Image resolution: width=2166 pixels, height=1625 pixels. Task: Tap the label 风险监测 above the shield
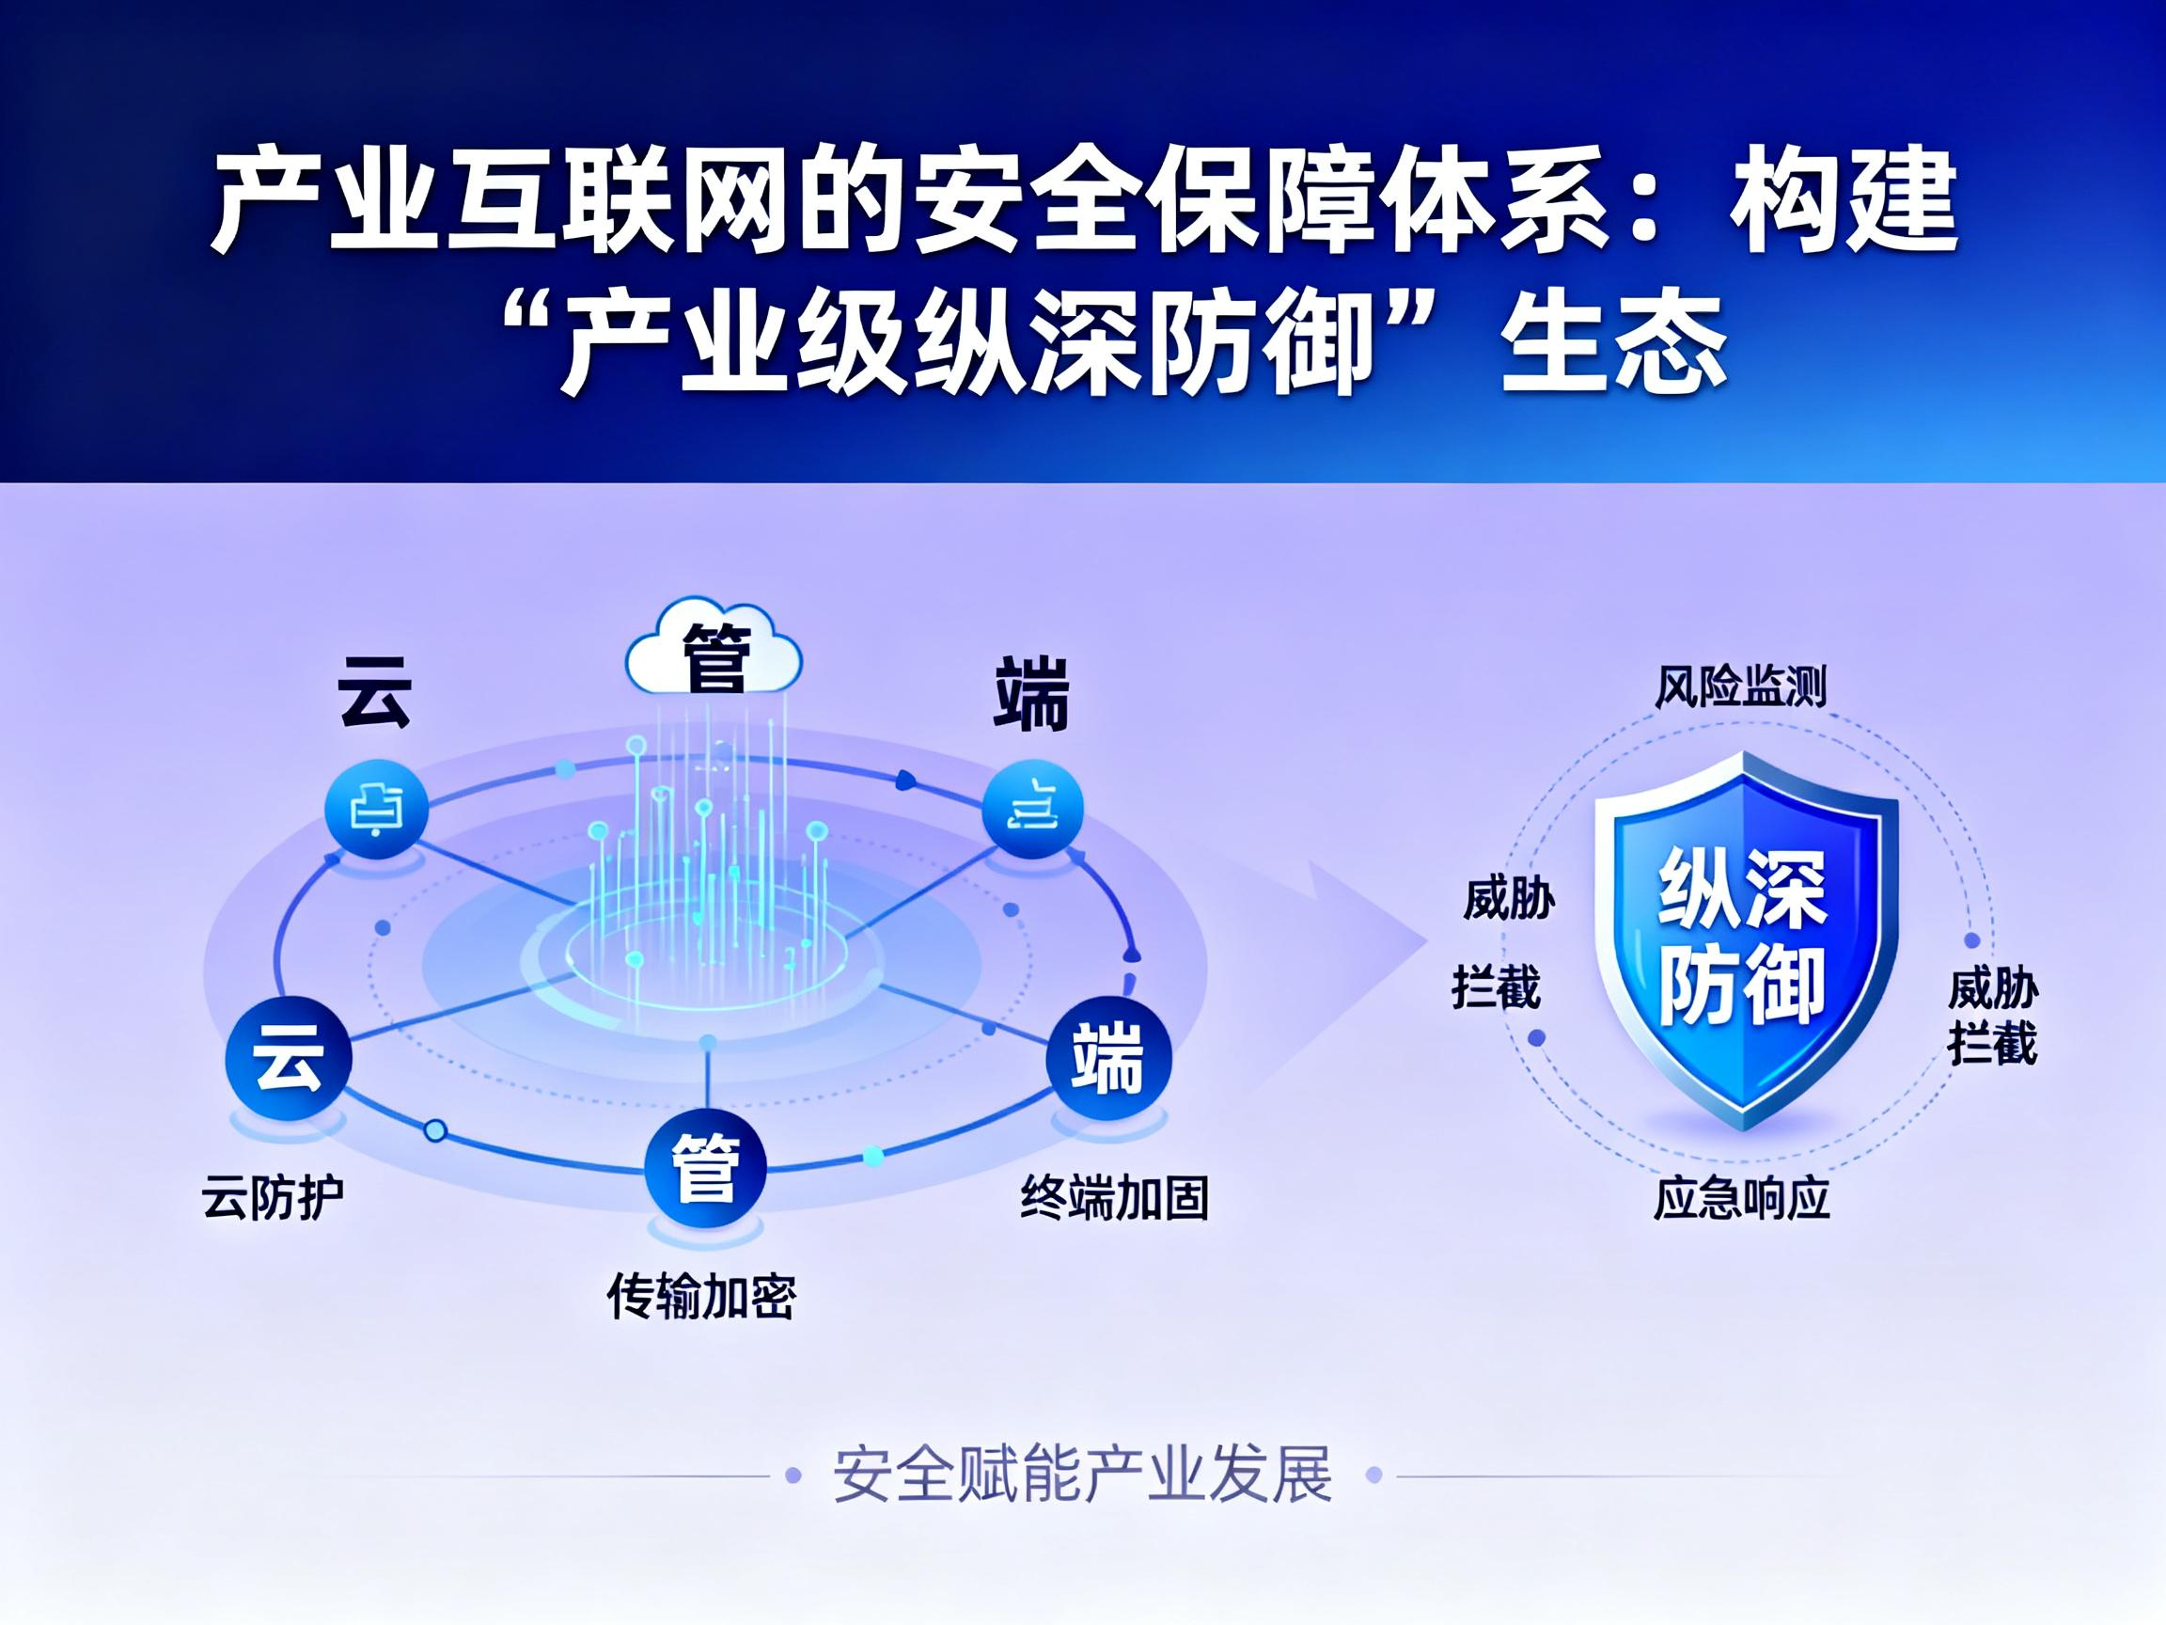[1740, 686]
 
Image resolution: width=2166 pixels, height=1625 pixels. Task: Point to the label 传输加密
[701, 1297]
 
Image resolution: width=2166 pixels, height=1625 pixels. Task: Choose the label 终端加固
[1114, 1196]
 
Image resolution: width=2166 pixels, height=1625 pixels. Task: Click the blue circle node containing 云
[288, 1060]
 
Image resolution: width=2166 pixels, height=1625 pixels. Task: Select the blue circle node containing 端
[1108, 1059]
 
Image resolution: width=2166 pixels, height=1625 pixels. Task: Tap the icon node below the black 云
[376, 810]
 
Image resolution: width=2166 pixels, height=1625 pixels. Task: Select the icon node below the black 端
[1033, 808]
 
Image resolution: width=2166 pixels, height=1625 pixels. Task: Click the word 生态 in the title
[1615, 342]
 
